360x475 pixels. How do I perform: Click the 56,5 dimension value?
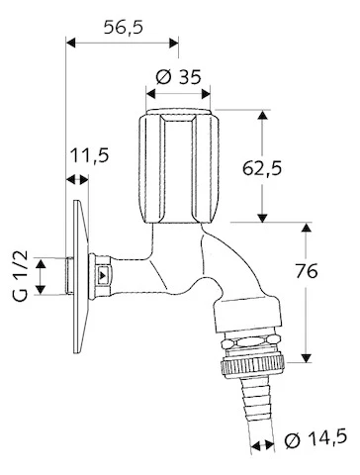pyautogui.click(x=124, y=28)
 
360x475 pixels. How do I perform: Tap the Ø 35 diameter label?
pyautogui.click(x=178, y=77)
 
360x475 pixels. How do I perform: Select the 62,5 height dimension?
pyautogui.click(x=262, y=169)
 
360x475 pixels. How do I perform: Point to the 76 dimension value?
pyautogui.click(x=307, y=271)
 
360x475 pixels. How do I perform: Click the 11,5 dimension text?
pyautogui.click(x=90, y=155)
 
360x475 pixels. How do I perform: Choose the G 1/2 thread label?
pyautogui.click(x=21, y=276)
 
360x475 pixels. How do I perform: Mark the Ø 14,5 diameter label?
pyautogui.click(x=315, y=438)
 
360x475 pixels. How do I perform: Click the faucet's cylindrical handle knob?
pyautogui.click(x=178, y=166)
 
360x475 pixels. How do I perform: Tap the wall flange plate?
pyautogui.click(x=80, y=276)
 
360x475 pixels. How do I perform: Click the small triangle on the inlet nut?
pyautogui.click(x=104, y=274)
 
